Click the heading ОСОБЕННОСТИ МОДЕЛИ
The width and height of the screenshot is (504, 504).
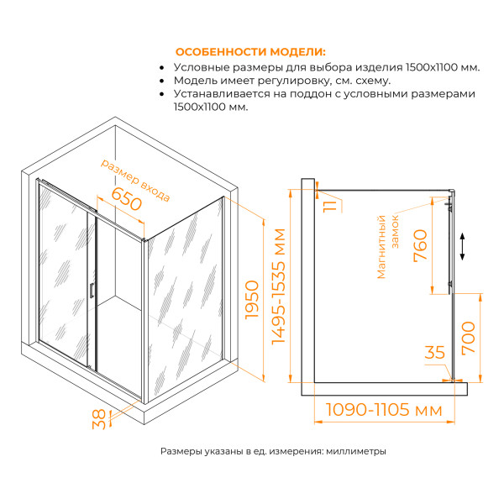point(250,52)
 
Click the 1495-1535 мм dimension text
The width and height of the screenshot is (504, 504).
point(281,286)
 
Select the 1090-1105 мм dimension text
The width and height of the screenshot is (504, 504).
point(383,411)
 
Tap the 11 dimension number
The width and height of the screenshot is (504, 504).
point(329,204)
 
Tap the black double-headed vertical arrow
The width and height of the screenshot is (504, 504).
point(462,247)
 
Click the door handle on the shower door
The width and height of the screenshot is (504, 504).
point(90,291)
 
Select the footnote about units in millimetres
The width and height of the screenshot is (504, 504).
point(273,451)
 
